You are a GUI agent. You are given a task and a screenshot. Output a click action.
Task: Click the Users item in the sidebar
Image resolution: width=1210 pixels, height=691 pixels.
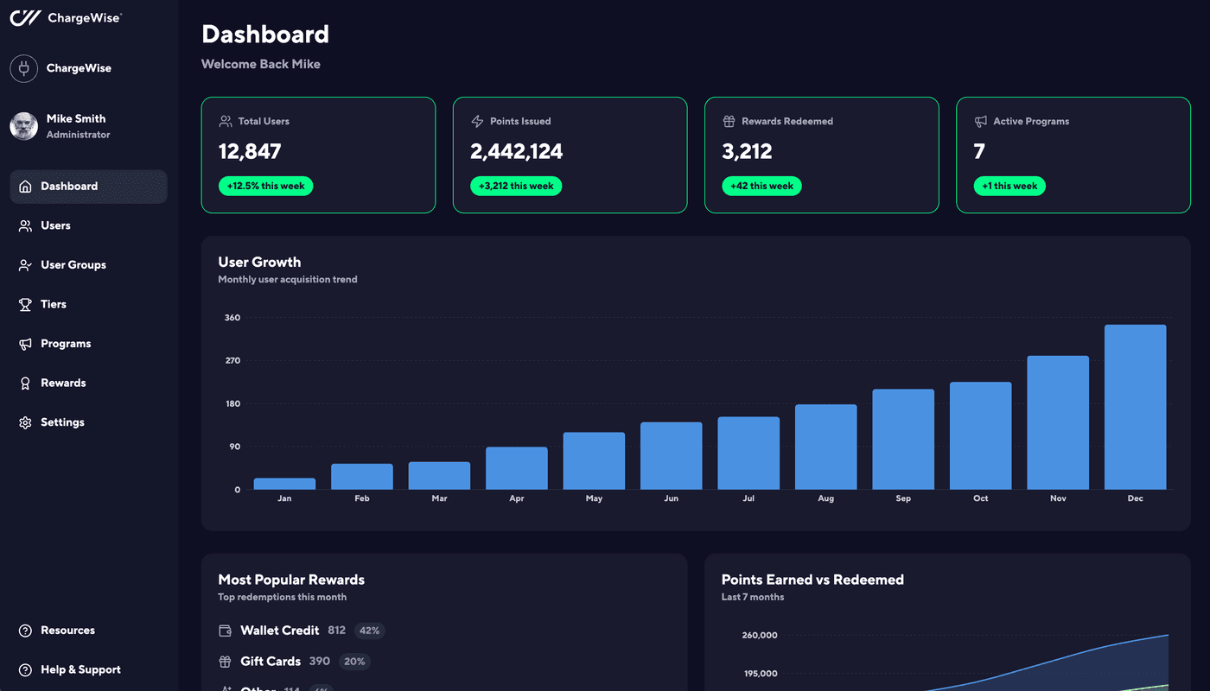click(x=55, y=225)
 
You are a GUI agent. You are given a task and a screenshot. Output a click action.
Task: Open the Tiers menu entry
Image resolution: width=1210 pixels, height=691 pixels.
click(x=53, y=304)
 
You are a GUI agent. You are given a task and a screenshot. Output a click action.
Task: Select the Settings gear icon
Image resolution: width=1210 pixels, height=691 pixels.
click(x=25, y=422)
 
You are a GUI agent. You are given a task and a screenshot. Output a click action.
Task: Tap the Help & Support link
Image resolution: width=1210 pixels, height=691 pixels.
click(x=80, y=669)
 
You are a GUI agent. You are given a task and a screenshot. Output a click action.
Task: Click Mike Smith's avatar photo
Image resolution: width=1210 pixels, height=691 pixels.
click(x=24, y=126)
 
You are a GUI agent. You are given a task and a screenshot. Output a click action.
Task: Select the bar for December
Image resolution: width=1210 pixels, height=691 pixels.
click(x=1135, y=407)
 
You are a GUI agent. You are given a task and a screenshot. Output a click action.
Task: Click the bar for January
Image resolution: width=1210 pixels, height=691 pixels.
click(x=284, y=484)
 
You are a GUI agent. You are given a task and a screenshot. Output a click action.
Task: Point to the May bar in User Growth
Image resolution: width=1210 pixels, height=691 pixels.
click(x=594, y=460)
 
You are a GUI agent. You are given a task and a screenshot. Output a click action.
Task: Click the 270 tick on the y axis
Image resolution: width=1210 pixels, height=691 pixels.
click(x=232, y=360)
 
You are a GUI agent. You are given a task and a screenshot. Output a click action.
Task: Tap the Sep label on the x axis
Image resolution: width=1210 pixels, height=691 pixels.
click(x=903, y=498)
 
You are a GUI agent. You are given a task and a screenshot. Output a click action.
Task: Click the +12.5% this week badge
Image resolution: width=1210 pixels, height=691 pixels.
click(x=265, y=186)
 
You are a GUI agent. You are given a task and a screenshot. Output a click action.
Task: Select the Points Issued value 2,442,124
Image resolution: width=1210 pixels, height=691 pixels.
click(x=516, y=152)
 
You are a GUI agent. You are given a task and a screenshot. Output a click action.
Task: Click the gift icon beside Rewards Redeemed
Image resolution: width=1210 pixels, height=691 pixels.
click(x=729, y=121)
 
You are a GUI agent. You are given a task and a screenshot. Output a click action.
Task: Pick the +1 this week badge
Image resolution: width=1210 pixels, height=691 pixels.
click(x=1009, y=186)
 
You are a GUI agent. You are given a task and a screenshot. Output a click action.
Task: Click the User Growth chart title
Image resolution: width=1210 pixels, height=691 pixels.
click(x=259, y=262)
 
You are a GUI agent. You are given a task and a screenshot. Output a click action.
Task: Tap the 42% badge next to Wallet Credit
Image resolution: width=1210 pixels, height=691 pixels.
click(x=369, y=631)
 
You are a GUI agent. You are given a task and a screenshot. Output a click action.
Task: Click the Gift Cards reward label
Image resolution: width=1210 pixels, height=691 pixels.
click(x=270, y=661)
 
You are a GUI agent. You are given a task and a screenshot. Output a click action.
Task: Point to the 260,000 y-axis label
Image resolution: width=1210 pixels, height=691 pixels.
click(x=759, y=635)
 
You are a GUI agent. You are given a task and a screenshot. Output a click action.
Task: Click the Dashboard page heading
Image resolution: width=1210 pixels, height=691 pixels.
click(x=264, y=35)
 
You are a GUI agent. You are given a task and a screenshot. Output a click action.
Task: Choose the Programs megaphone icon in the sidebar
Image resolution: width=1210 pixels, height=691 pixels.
click(x=25, y=344)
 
